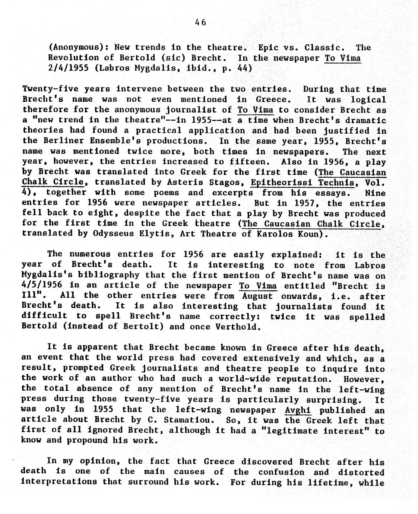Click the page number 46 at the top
pyautogui.click(x=200, y=23)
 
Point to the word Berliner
pyautogui.click(x=62, y=141)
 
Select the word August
pyautogui.click(x=258, y=296)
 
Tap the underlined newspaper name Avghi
pyautogui.click(x=298, y=410)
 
